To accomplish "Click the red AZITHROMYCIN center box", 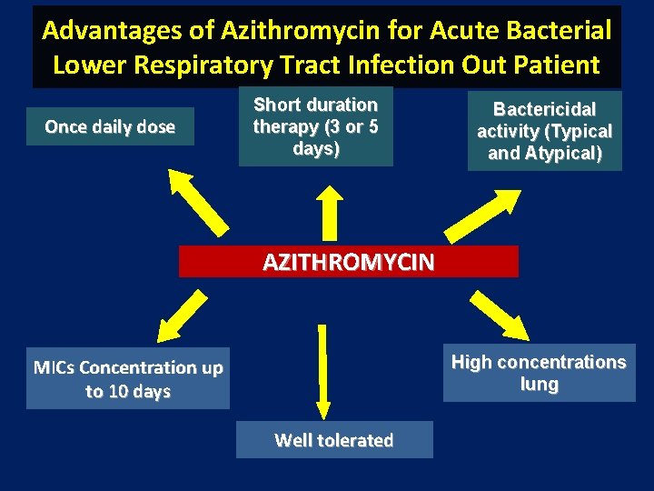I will [x=349, y=262].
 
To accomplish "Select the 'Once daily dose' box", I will [x=110, y=127].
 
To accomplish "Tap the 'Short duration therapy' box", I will [x=315, y=126].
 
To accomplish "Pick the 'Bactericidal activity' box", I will [x=544, y=131].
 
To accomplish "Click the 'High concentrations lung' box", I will [x=539, y=373].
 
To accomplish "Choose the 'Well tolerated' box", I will [x=333, y=441].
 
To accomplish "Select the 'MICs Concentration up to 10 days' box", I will [x=128, y=380].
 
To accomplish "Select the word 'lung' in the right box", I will [x=539, y=385].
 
